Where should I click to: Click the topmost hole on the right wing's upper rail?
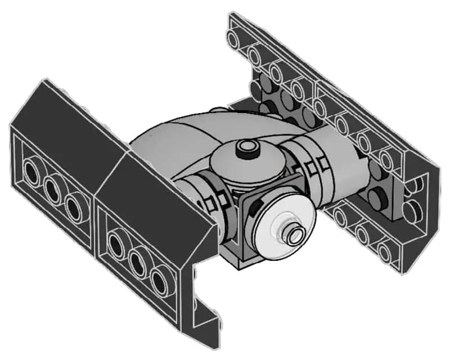click(232, 39)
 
